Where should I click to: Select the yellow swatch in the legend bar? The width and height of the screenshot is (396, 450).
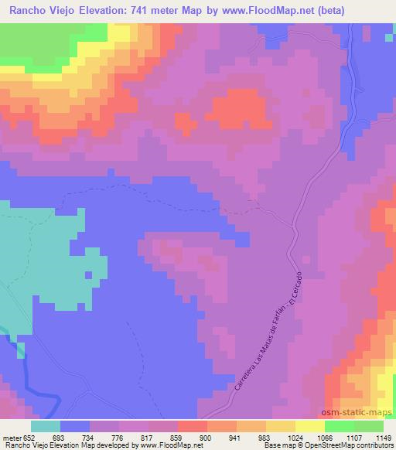pos(309,425)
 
